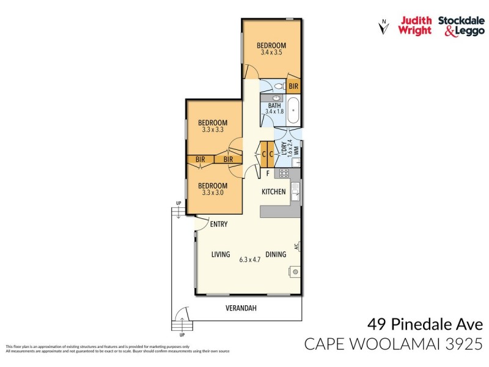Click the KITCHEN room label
point(273,191)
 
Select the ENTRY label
point(218,224)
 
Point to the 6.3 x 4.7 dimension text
point(249,259)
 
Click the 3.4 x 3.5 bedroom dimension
point(271,53)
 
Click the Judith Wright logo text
point(416,25)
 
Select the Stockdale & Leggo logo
point(461,25)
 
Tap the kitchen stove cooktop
point(284,173)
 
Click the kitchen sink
point(295,191)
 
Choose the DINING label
point(275,254)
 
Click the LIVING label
point(220,254)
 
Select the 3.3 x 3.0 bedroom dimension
point(213,193)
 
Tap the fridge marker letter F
point(267,174)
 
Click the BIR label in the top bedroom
point(293,86)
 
